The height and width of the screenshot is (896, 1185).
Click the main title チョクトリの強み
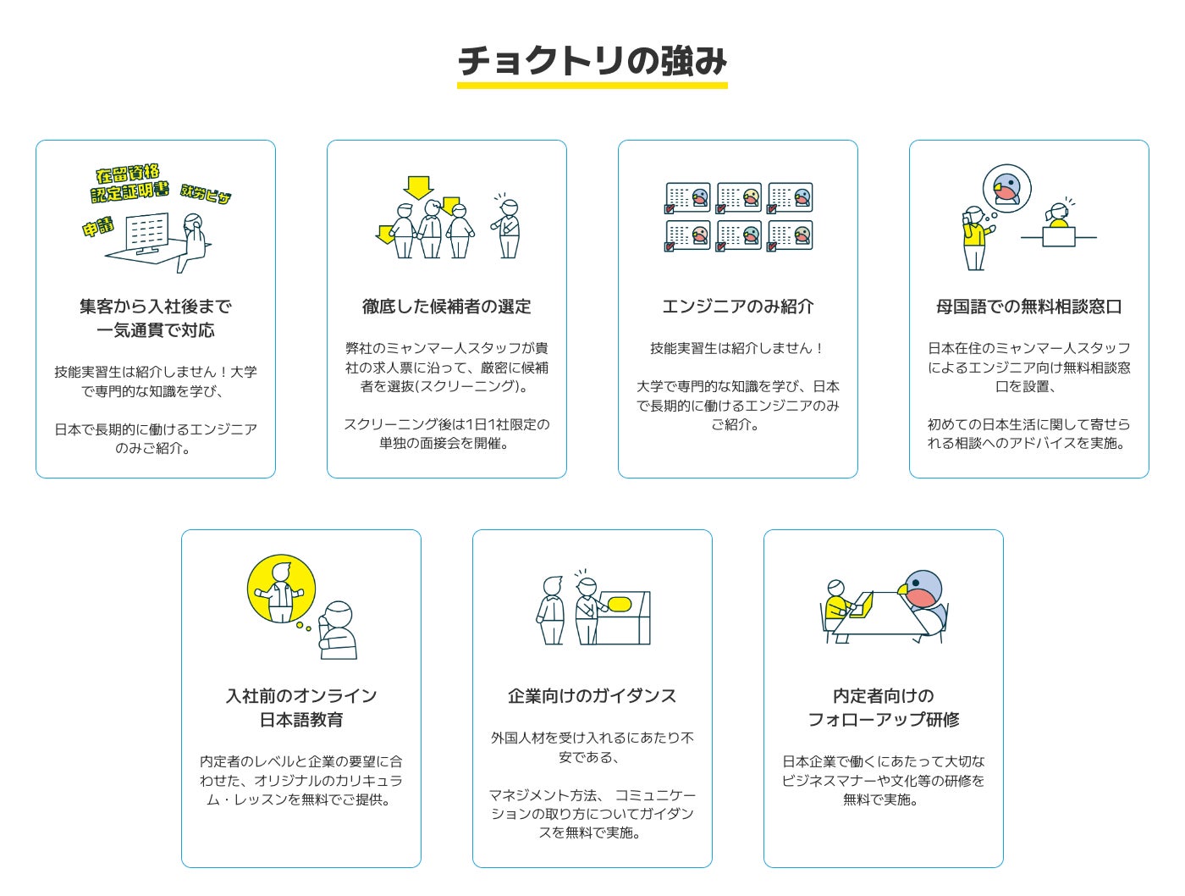click(592, 61)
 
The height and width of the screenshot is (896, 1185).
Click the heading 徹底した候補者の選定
click(446, 307)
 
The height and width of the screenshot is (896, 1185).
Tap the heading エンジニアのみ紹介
click(737, 307)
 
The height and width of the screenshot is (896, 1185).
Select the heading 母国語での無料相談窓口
click(1028, 307)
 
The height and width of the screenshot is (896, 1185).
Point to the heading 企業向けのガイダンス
click(592, 696)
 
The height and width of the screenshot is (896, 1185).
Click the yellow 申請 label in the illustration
click(98, 226)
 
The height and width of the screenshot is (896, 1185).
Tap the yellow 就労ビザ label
click(206, 194)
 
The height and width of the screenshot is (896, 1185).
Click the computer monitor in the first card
click(147, 232)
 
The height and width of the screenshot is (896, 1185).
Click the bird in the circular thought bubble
click(1007, 188)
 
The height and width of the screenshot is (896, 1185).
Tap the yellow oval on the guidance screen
click(620, 605)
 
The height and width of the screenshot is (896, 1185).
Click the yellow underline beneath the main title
click(592, 86)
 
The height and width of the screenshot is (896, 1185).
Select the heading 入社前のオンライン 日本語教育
click(300, 708)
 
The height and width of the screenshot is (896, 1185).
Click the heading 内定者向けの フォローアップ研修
click(883, 708)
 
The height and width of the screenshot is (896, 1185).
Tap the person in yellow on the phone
click(975, 238)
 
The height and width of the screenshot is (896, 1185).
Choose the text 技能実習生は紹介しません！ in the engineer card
click(737, 348)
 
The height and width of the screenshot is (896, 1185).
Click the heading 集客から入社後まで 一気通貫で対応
click(155, 318)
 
